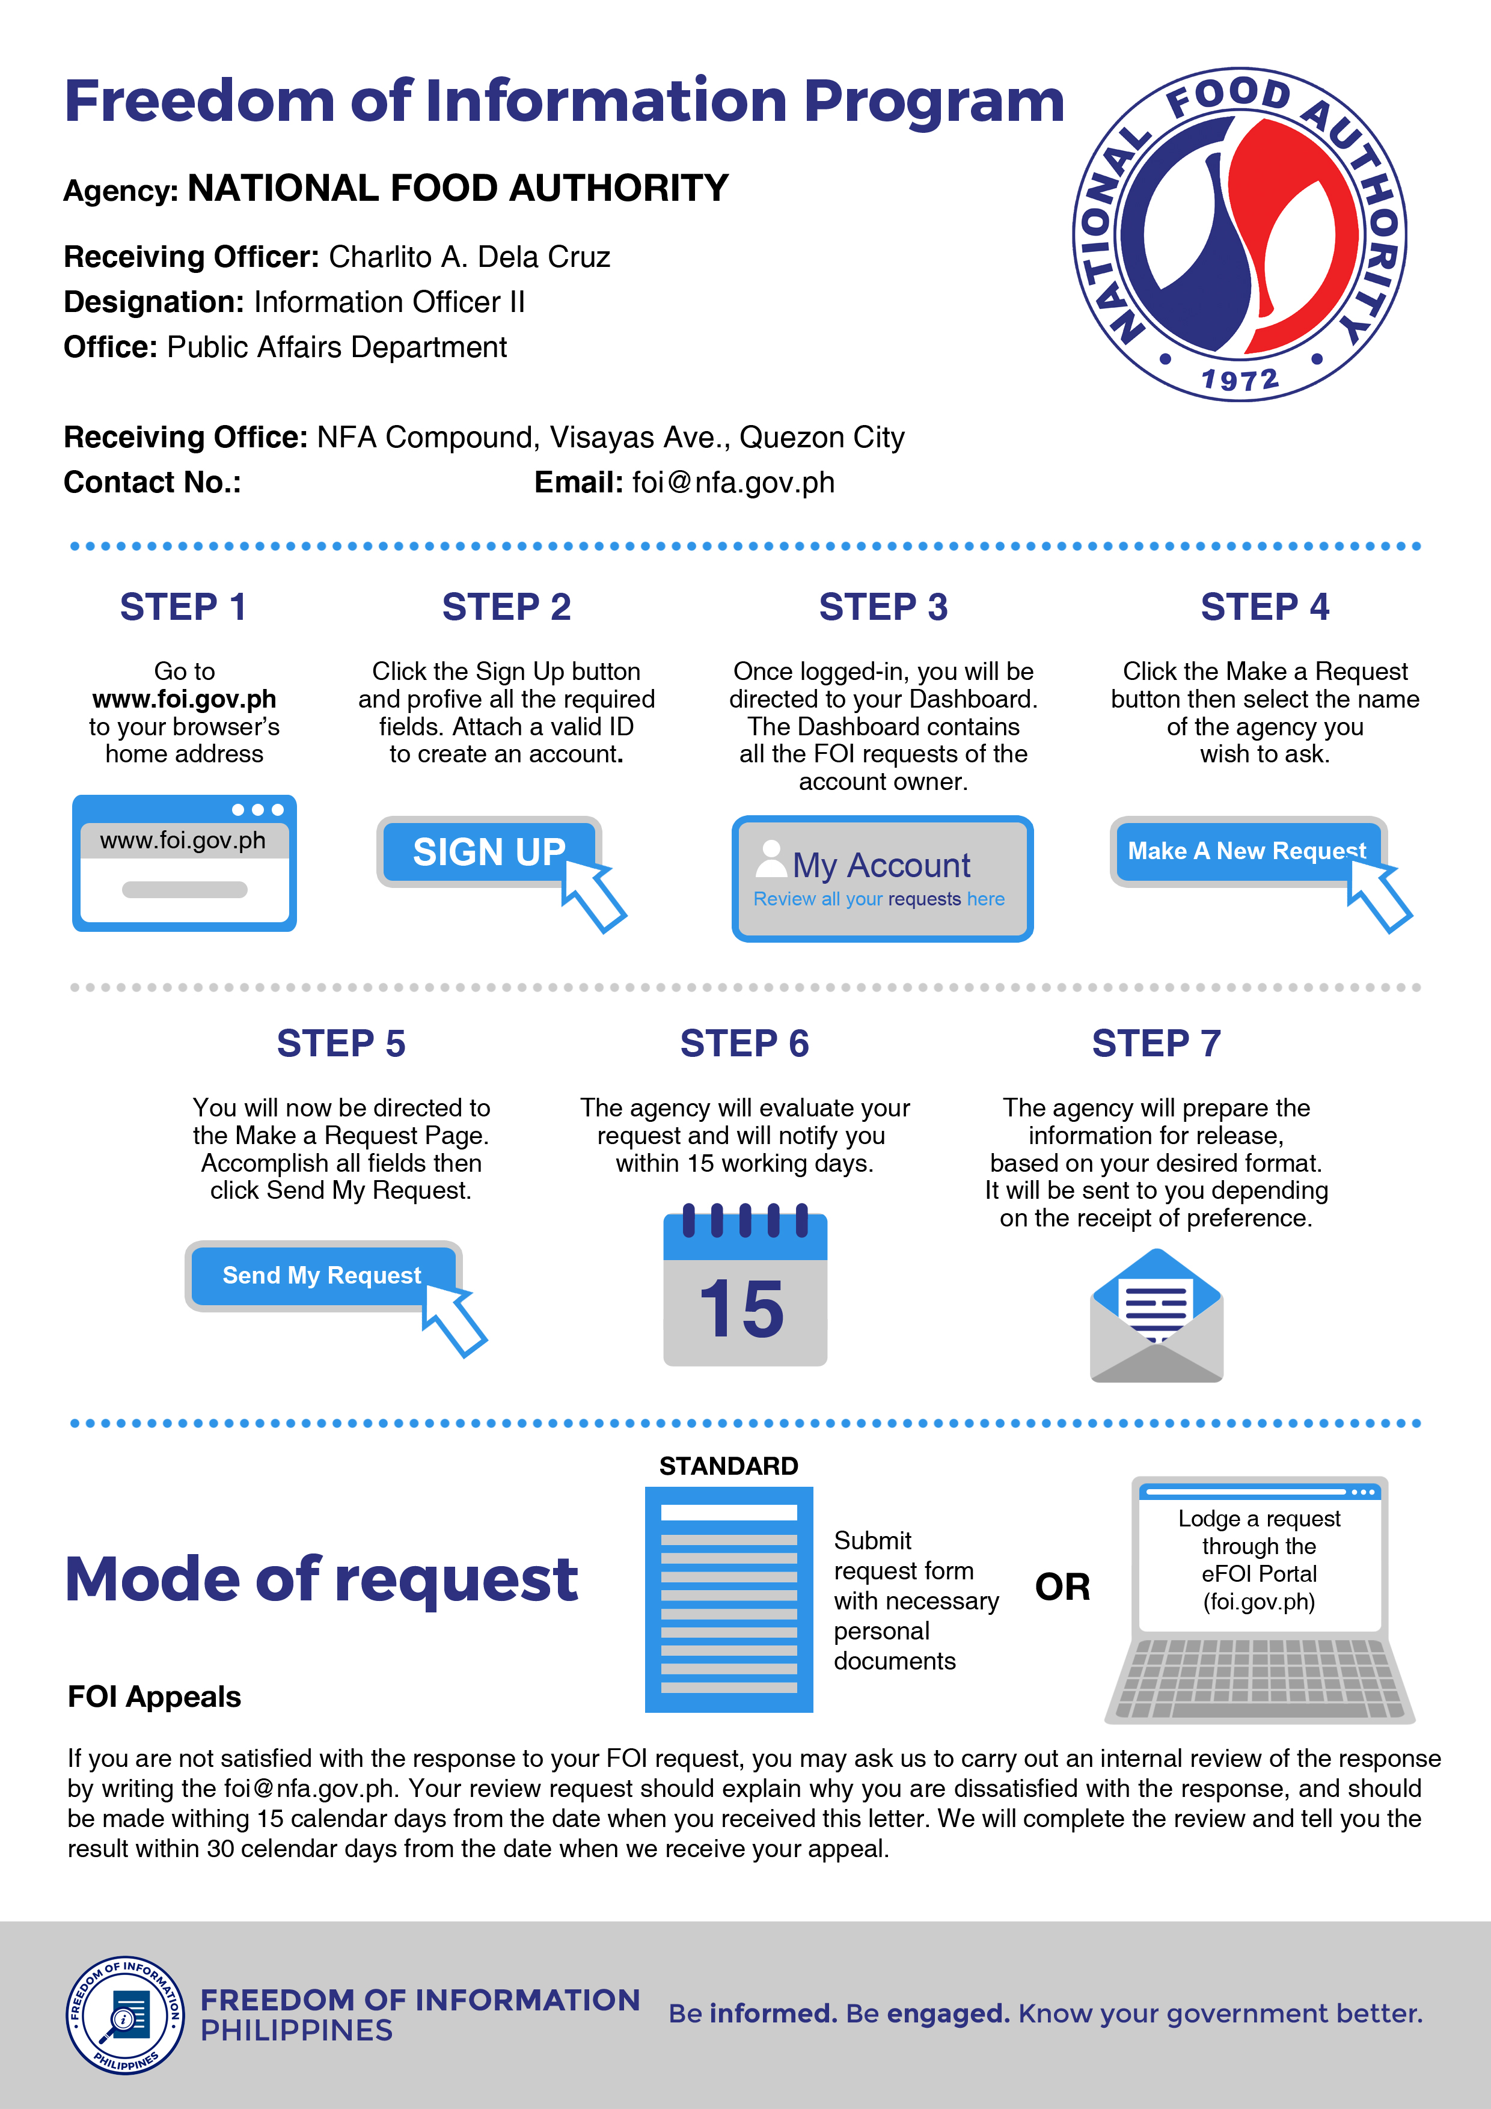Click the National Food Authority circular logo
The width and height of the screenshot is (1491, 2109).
[1239, 234]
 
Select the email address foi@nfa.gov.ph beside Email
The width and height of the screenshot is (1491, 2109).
[733, 482]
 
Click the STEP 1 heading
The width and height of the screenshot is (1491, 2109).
[184, 607]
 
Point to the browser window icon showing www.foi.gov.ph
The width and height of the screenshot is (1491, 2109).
[185, 863]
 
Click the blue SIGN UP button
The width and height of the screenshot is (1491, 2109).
[489, 851]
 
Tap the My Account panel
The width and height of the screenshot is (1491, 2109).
[882, 878]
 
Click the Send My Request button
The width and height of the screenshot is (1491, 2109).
[322, 1275]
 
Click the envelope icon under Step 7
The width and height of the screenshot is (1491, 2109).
[1157, 1315]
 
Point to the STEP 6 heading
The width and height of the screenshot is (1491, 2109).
[744, 1044]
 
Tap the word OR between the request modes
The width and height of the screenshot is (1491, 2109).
[1063, 1587]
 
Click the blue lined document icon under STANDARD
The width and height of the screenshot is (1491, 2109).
[729, 1599]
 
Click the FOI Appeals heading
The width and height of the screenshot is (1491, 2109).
[155, 1697]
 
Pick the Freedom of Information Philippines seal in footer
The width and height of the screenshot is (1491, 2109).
[125, 2015]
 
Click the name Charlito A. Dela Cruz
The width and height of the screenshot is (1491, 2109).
[470, 257]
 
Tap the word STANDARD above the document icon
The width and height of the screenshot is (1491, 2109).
[729, 1466]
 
